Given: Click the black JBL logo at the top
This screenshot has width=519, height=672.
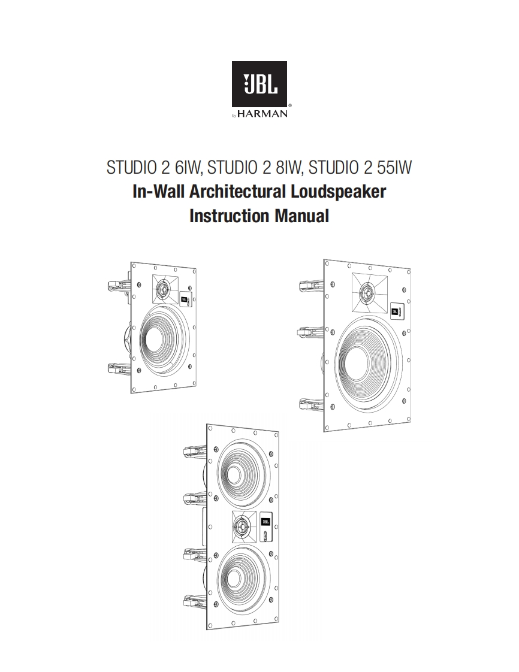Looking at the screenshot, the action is (259, 84).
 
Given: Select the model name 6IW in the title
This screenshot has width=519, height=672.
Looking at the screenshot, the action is (188, 168).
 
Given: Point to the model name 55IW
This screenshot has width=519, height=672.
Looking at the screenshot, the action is (394, 168).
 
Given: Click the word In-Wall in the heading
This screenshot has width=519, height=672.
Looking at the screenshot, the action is (158, 191).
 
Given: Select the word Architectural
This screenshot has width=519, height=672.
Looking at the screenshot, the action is (237, 191).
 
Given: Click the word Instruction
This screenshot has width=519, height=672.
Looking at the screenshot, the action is (230, 216).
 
